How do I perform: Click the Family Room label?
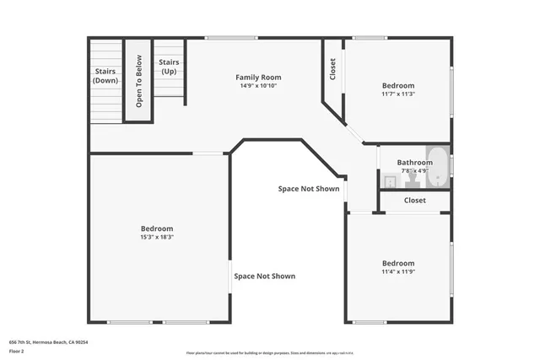pyautogui.click(x=258, y=77)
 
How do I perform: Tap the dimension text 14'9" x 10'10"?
pyautogui.click(x=258, y=86)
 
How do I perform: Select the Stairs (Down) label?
pyautogui.click(x=105, y=76)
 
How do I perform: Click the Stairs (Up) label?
pyautogui.click(x=170, y=67)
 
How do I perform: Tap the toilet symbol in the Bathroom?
pyautogui.click(x=391, y=180)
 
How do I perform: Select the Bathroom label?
pyautogui.click(x=414, y=163)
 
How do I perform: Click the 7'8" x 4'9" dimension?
pyautogui.click(x=414, y=171)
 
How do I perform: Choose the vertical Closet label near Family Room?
pyautogui.click(x=332, y=69)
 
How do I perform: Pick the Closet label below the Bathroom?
pyautogui.click(x=414, y=201)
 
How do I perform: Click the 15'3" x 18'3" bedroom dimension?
pyautogui.click(x=157, y=237)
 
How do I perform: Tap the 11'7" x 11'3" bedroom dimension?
pyautogui.click(x=398, y=94)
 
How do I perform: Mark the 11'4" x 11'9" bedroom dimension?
pyautogui.click(x=398, y=271)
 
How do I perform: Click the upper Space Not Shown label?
pyautogui.click(x=309, y=189)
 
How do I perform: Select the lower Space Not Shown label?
pyautogui.click(x=265, y=276)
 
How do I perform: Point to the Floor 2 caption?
pyautogui.click(x=18, y=351)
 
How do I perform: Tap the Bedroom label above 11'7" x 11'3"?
pyautogui.click(x=398, y=85)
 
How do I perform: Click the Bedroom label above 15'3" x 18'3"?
pyautogui.click(x=157, y=228)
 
